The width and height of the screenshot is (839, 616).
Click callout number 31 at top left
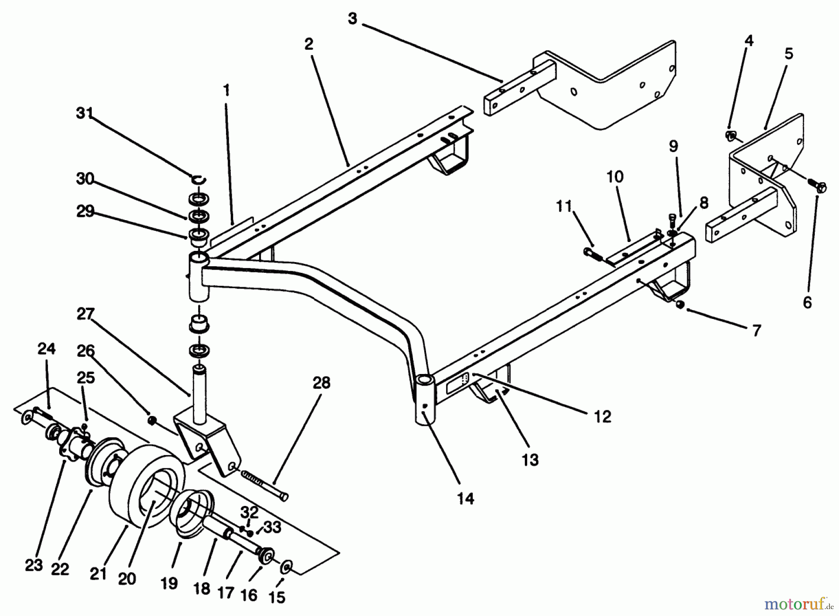[x=84, y=113]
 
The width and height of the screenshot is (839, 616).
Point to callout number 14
[x=465, y=499]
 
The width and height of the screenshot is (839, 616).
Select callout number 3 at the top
[x=352, y=20]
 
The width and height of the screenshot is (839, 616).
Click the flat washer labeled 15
[x=286, y=568]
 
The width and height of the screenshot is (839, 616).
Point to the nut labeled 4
[x=730, y=136]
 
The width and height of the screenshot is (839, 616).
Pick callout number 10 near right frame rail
[x=615, y=177]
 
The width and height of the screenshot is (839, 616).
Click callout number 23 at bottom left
[x=34, y=565]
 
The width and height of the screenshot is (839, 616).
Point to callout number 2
[x=309, y=44]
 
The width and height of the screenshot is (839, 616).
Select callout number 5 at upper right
[x=788, y=54]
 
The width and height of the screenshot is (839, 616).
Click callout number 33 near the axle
[x=272, y=527]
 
